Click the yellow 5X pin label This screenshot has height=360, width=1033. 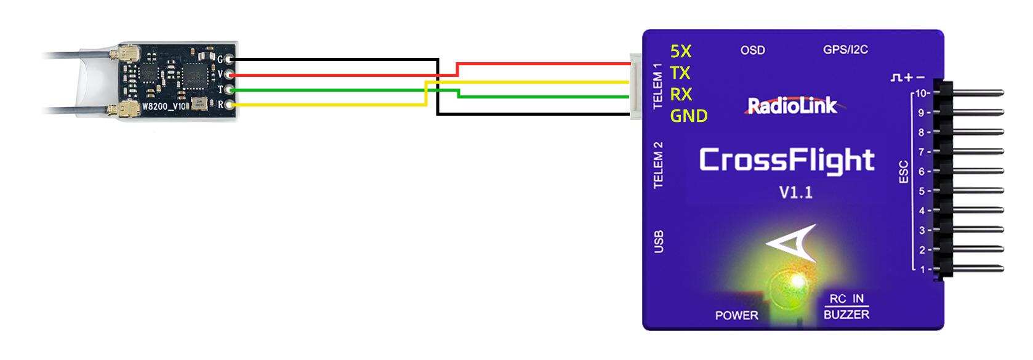[x=680, y=51]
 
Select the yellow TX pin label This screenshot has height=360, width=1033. [x=680, y=73]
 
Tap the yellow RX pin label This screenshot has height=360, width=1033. [x=681, y=94]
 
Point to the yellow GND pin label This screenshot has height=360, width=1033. [x=688, y=116]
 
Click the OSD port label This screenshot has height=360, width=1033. [x=752, y=50]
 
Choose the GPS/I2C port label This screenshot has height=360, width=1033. [x=845, y=50]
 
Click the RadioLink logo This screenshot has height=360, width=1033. [x=792, y=106]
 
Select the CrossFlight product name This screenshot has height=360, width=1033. [x=787, y=160]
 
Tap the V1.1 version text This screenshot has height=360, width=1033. [x=795, y=193]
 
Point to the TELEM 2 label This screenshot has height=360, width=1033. [x=658, y=165]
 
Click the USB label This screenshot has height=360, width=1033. [x=658, y=242]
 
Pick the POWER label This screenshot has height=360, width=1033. [x=736, y=316]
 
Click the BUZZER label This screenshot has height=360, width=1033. [x=846, y=314]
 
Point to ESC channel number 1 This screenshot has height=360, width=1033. [x=922, y=269]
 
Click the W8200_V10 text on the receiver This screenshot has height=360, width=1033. [x=164, y=106]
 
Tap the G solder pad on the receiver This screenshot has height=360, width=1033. [x=230, y=60]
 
